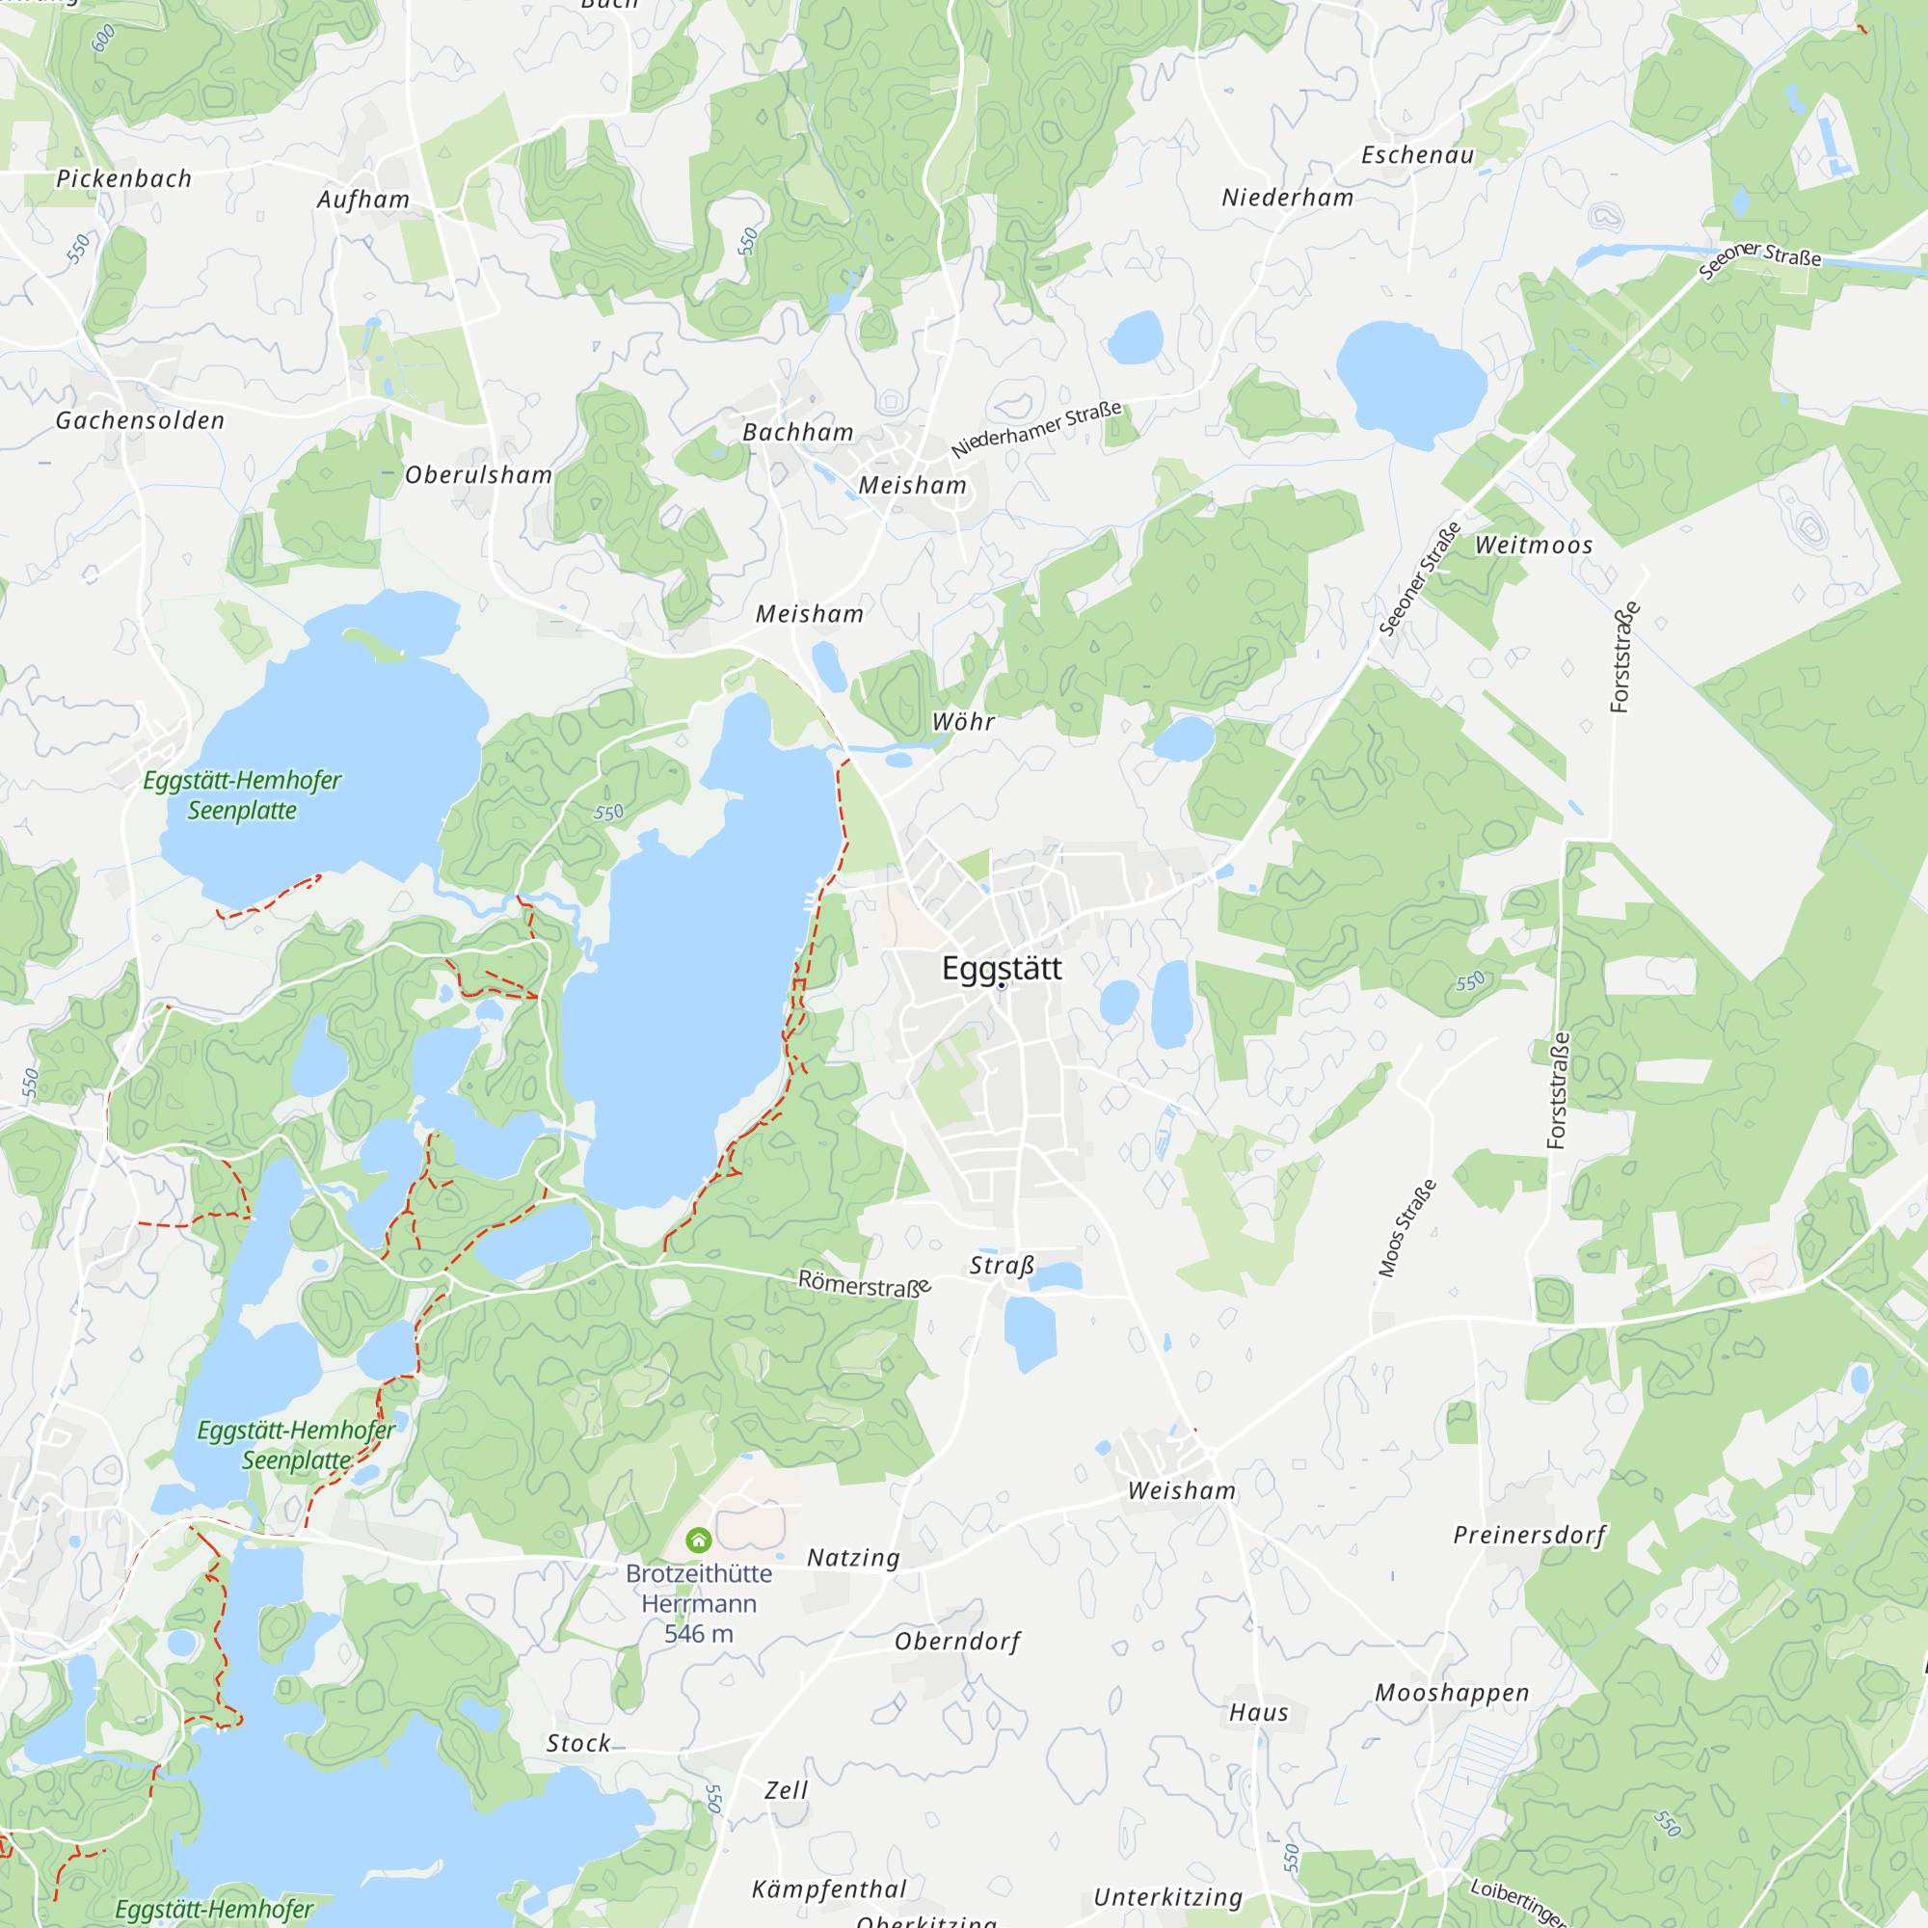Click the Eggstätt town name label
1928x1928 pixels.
coord(1001,968)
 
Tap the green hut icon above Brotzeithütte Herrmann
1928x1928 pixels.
coord(699,1540)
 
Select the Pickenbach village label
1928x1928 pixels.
coord(123,178)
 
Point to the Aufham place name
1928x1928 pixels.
coord(363,200)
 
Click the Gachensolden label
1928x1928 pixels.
coord(140,421)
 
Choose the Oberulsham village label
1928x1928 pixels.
coord(478,475)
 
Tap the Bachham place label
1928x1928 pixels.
coord(798,432)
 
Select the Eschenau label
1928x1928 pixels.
coord(1417,154)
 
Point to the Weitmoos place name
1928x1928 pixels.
coord(1534,545)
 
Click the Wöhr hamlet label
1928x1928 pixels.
coord(963,721)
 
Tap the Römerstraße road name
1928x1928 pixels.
coord(864,1283)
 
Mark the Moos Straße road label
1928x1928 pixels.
coord(1407,1227)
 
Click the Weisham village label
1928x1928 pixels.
coord(1182,1491)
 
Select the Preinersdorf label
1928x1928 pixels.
coord(1529,1535)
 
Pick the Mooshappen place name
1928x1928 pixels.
coord(1452,1693)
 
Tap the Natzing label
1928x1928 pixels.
coord(853,1558)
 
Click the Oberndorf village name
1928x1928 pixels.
coord(957,1642)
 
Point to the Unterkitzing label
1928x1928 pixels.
coord(1167,1897)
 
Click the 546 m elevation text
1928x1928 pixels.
coord(699,1634)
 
